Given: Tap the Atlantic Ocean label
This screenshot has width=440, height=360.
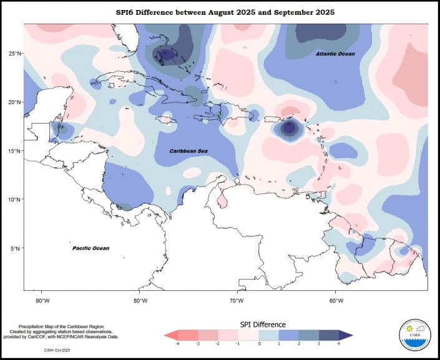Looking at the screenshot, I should click(335, 54).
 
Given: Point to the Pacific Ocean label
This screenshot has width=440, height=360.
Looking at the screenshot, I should click(90, 248).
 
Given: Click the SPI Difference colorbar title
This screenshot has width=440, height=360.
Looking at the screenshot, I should click(263, 324).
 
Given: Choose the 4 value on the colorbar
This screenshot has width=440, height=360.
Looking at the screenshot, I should click(339, 344).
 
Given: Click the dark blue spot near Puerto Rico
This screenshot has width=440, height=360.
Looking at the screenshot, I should click(289, 128).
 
